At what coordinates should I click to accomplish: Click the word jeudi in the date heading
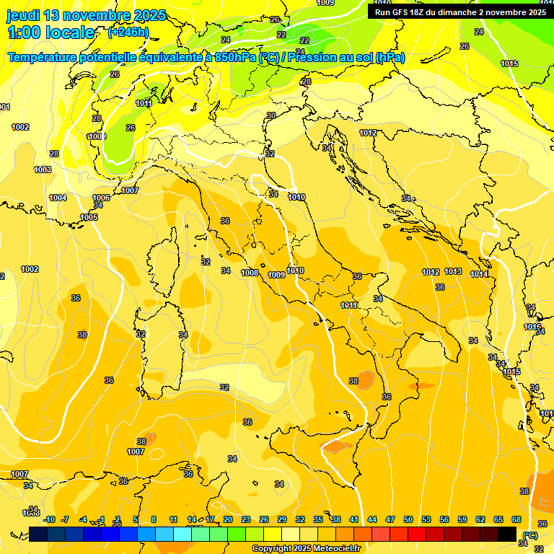(x=23, y=15)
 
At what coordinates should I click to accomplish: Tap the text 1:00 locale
(x=51, y=32)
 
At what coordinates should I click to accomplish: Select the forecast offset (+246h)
(x=128, y=32)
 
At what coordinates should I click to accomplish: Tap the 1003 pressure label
(x=43, y=170)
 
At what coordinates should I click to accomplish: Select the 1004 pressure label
(x=58, y=198)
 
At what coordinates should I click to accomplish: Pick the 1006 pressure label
(x=101, y=198)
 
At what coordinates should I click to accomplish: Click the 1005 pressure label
(x=89, y=217)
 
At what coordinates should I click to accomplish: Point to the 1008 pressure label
(x=250, y=273)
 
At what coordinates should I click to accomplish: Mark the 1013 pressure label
(x=453, y=271)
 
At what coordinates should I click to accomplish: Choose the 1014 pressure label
(x=479, y=274)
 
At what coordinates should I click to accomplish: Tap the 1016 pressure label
(x=532, y=327)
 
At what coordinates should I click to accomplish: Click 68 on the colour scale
(x=516, y=519)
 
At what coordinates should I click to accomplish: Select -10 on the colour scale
(x=49, y=519)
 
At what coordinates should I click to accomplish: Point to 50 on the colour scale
(x=408, y=519)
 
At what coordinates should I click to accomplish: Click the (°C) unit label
(x=530, y=535)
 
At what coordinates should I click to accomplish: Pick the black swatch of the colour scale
(x=507, y=534)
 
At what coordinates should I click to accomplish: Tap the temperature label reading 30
(x=271, y=115)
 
